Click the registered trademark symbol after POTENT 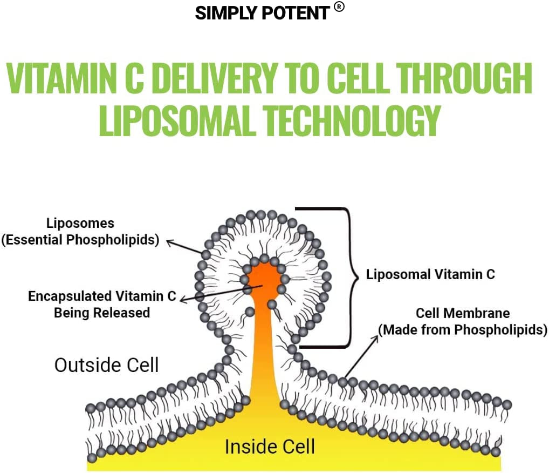tap(339, 7)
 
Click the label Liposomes tap(80, 223)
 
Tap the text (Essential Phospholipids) tap(80, 240)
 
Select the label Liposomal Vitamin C tap(430, 274)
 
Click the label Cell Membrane tap(463, 313)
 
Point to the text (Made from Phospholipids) tap(463, 329)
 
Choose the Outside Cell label tap(107, 365)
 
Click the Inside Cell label tap(270, 447)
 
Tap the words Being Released tap(101, 313)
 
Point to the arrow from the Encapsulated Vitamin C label tap(216, 292)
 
